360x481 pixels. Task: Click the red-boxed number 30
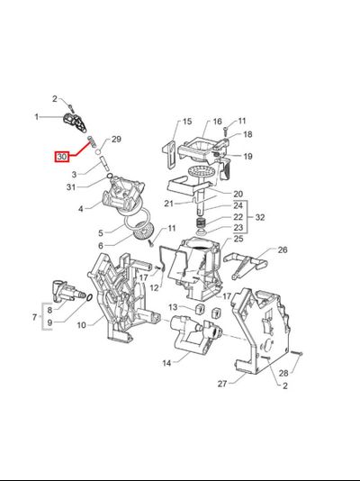61,157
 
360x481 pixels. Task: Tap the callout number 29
116,140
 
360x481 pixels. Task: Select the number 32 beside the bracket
259,217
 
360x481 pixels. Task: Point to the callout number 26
283,250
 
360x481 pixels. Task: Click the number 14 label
166,363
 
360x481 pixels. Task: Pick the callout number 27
222,384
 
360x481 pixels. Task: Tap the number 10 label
82,324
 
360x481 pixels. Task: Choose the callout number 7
34,317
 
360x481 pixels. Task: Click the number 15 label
187,122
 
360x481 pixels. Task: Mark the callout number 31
71,186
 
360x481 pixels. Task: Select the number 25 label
238,239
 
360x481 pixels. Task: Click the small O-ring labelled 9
89,297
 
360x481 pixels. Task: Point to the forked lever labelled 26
245,263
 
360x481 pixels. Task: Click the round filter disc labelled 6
143,231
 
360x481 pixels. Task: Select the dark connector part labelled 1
75,123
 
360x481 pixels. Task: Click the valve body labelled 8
67,291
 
